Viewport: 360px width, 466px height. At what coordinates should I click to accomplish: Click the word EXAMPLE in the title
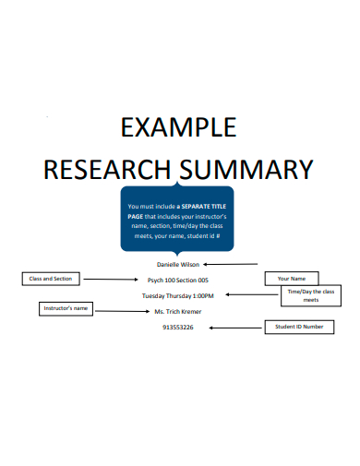[179, 127]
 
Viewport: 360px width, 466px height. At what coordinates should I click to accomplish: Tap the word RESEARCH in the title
[104, 169]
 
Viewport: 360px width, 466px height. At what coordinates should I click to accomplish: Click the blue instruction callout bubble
[178, 220]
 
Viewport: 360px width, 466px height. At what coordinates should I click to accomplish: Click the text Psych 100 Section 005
[178, 280]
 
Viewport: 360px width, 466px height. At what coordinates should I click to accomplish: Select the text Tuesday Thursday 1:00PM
[177, 295]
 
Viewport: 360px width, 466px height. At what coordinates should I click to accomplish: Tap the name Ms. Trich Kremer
[178, 311]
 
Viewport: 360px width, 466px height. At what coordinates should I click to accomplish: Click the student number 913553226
[178, 327]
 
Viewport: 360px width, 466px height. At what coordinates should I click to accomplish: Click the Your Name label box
[292, 278]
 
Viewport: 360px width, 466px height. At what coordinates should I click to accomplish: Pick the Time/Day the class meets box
[311, 296]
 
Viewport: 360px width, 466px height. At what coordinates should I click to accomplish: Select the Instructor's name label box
[65, 308]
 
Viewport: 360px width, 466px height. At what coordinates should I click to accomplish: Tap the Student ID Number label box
[299, 327]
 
